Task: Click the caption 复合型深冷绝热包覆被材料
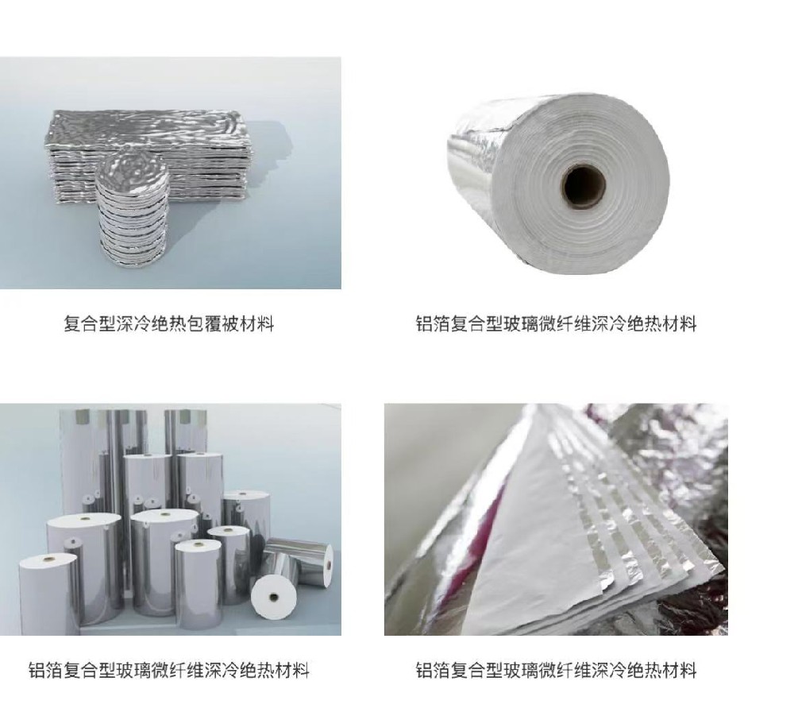coord(169,323)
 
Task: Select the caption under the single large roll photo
coord(556,323)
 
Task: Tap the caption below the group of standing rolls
coord(169,670)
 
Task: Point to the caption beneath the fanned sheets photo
coord(556,670)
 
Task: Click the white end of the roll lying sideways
coord(273,596)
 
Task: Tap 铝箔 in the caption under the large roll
coord(433,323)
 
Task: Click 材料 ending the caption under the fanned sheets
coord(680,670)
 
